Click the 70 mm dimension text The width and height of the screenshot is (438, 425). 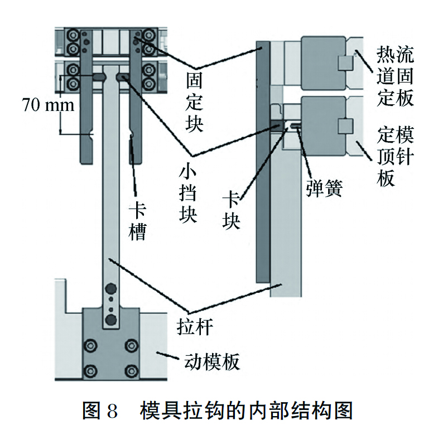pos(47,104)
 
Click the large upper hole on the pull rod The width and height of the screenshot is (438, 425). pos(111,289)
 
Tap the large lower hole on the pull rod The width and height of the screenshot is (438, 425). pos(111,320)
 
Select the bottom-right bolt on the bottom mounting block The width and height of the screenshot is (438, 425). pos(131,369)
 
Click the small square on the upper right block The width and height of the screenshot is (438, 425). pos(345,61)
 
